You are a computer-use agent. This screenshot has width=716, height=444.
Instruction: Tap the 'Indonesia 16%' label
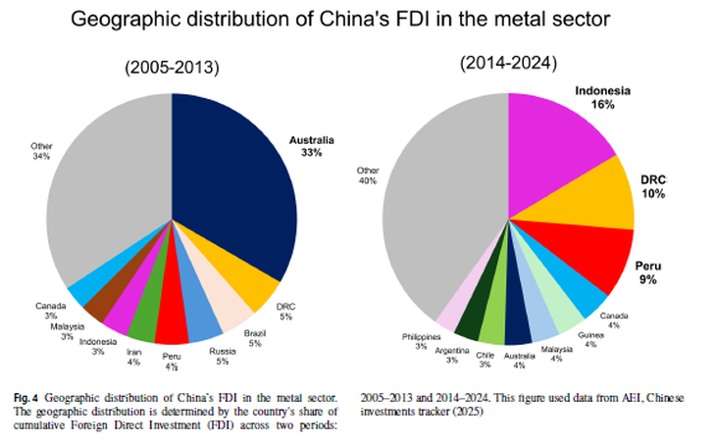tap(602, 97)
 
